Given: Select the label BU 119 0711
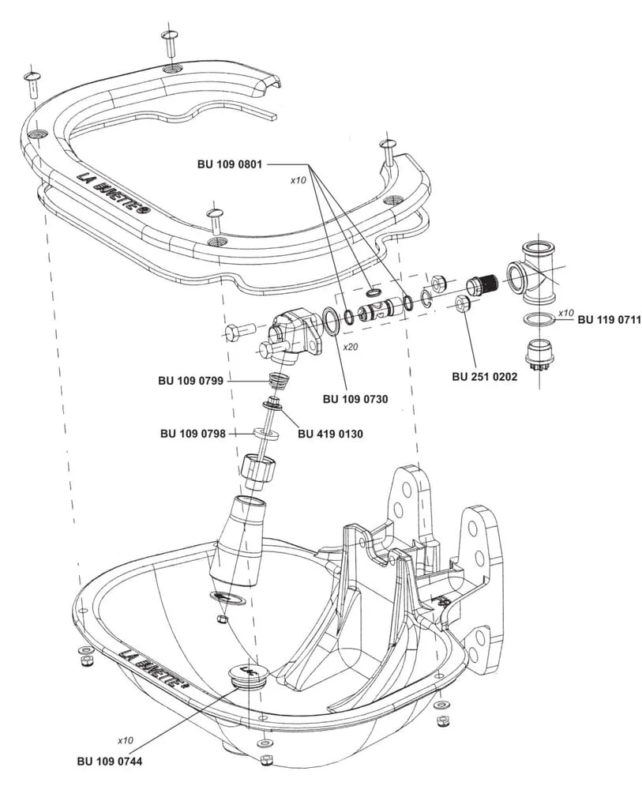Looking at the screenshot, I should pos(609,320).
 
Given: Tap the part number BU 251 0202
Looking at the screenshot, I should pos(484,377).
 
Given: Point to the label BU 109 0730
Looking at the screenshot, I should pos(355,399).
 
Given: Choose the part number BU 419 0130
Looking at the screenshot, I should pos(330,433).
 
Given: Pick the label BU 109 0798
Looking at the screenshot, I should pos(193,433).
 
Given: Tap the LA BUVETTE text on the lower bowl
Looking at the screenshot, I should pos(153,667).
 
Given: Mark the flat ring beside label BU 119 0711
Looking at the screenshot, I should pos(538,318).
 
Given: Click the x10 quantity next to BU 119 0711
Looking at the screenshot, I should pos(565,313).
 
